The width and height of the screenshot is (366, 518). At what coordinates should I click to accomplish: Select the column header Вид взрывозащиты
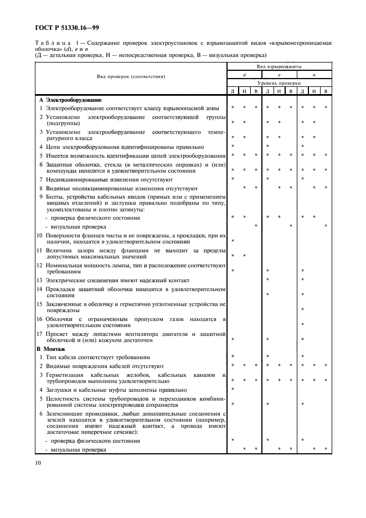pyautogui.click(x=280, y=65)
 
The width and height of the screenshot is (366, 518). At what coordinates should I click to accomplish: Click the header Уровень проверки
pyautogui.click(x=280, y=82)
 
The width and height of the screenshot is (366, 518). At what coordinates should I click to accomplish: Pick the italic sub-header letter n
pyautogui.click(x=314, y=74)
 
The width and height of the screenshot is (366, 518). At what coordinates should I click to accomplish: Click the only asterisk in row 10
pyautogui.click(x=233, y=241)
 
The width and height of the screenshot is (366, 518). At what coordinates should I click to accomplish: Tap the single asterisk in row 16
pyautogui.click(x=303, y=324)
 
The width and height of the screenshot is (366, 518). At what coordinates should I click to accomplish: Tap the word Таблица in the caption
pyautogui.click(x=52, y=43)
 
